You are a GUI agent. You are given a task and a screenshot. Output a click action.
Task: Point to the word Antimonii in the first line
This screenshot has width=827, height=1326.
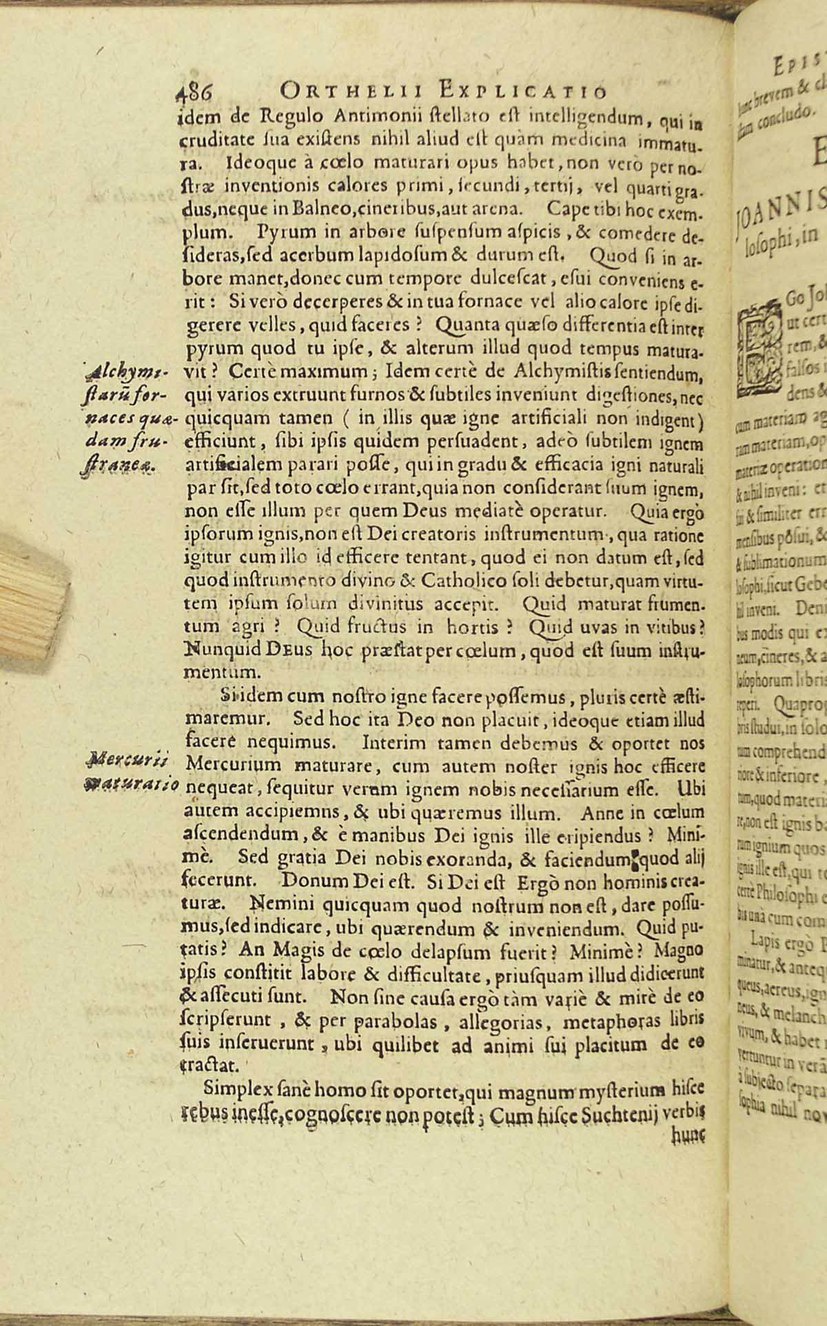[344, 110]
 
